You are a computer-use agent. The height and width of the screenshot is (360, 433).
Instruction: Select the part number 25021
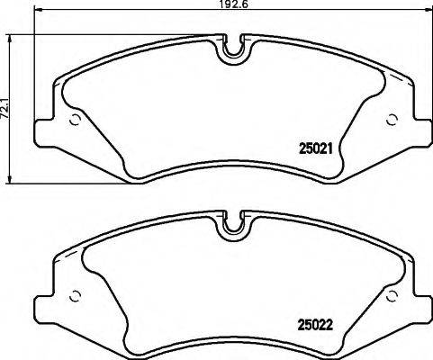(x=315, y=152)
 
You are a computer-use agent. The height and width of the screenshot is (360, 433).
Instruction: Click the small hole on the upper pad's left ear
(x=76, y=121)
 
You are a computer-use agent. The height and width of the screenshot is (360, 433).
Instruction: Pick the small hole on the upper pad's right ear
(x=391, y=120)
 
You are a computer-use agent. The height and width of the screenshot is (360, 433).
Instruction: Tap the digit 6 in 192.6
(x=230, y=6)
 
